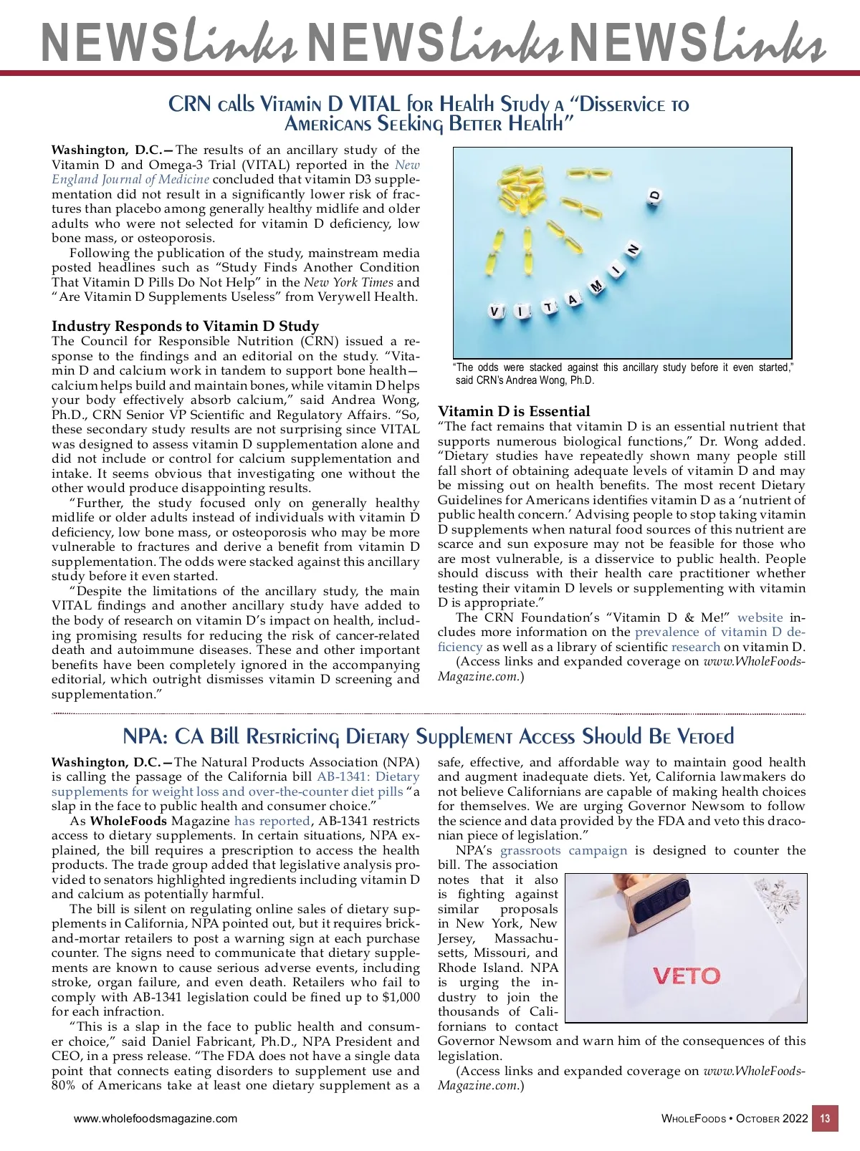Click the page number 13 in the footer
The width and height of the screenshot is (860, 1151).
click(x=825, y=1119)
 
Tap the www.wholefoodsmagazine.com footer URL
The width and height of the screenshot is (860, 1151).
click(x=156, y=1119)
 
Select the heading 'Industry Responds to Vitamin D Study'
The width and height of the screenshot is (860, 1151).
click(x=185, y=327)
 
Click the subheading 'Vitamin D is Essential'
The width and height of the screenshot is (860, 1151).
click(x=514, y=411)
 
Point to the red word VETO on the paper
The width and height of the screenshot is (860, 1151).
click(x=687, y=976)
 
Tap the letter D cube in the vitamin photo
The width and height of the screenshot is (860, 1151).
click(x=654, y=196)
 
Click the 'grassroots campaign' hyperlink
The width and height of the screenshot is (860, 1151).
click(x=563, y=850)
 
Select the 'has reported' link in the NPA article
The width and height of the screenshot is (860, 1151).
click(x=272, y=821)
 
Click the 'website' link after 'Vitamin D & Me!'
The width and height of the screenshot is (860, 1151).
click(x=760, y=617)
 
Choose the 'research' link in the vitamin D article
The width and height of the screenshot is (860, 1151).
click(x=695, y=647)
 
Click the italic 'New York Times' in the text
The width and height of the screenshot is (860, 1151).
click(x=348, y=282)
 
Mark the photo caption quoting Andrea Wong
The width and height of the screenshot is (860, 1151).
click(x=623, y=374)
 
